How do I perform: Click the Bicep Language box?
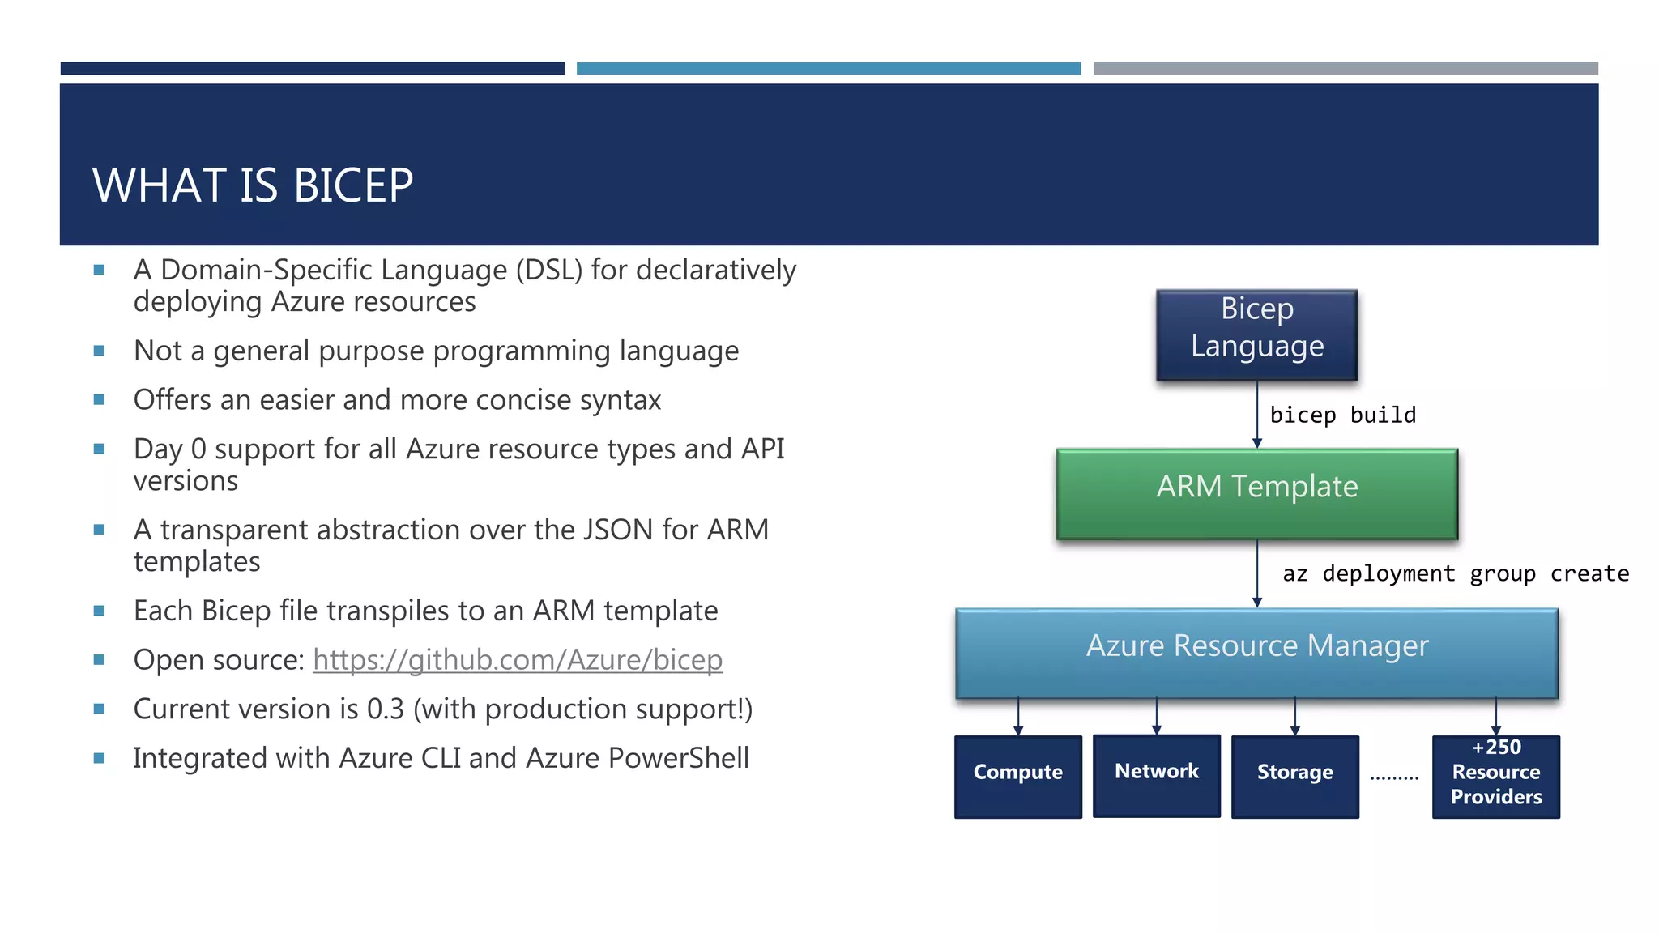point(1256,334)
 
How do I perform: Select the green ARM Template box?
point(1256,493)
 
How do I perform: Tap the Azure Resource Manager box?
point(1256,652)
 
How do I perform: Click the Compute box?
point(1017,776)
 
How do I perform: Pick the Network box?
point(1156,775)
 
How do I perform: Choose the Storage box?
point(1294,776)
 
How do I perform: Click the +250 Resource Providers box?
point(1495,776)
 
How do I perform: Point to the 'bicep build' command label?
point(1342,415)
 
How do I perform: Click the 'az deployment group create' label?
point(1455,574)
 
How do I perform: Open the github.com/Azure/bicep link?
point(517,660)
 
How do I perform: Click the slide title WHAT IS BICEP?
point(253,185)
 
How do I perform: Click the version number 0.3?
point(385,709)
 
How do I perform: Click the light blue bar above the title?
point(828,69)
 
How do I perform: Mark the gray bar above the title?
point(1346,69)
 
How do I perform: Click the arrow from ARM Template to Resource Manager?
point(1257,573)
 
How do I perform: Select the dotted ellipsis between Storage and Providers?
point(1394,777)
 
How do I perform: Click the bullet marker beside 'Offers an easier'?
point(100,400)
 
